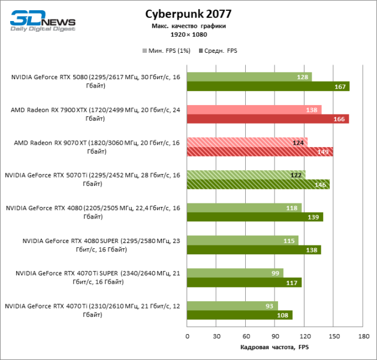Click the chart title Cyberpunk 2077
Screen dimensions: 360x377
(188, 14)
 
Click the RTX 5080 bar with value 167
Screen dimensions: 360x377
(268, 86)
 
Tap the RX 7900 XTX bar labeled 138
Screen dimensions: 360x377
(254, 110)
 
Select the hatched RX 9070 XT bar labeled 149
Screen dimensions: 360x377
(260, 152)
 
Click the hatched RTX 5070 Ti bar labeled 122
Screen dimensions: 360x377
(246, 175)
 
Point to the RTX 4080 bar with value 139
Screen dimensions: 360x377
(255, 217)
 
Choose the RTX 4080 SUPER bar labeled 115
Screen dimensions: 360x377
(243, 241)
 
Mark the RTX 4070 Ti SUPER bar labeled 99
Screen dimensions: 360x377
(235, 273)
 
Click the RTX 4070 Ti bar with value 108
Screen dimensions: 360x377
(240, 315)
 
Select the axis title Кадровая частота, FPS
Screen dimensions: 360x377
(275, 347)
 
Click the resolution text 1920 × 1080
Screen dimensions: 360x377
(188, 34)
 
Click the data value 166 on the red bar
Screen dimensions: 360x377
(339, 119)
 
